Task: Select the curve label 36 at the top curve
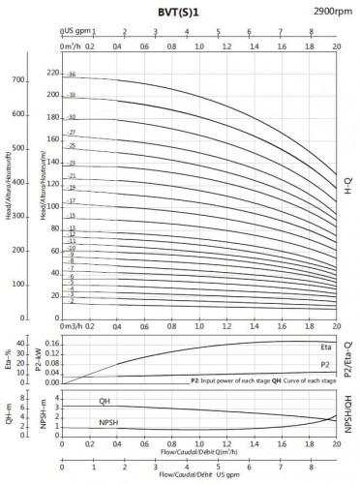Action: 72,74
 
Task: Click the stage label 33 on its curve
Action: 72,95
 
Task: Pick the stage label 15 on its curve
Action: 72,216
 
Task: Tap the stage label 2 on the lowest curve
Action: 72,301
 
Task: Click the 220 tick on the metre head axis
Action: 52,73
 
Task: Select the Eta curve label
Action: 325,347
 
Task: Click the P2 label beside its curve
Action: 325,364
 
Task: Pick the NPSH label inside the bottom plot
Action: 110,423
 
